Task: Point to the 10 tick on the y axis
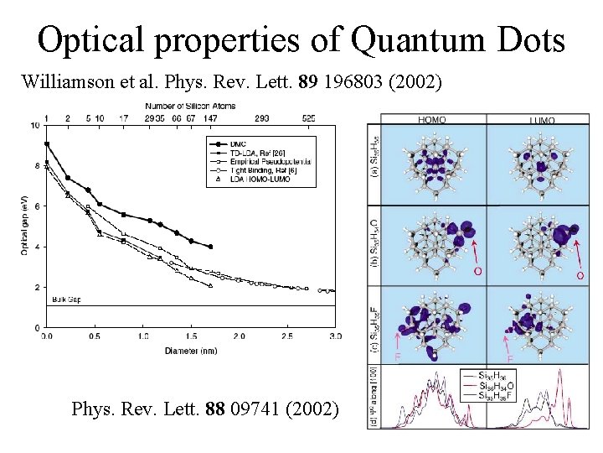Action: (34, 126)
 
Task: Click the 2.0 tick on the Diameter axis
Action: (240, 336)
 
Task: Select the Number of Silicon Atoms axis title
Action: (190, 106)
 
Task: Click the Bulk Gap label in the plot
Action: (64, 299)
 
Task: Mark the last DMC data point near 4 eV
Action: (210, 247)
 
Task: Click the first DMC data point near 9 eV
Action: (47, 143)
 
